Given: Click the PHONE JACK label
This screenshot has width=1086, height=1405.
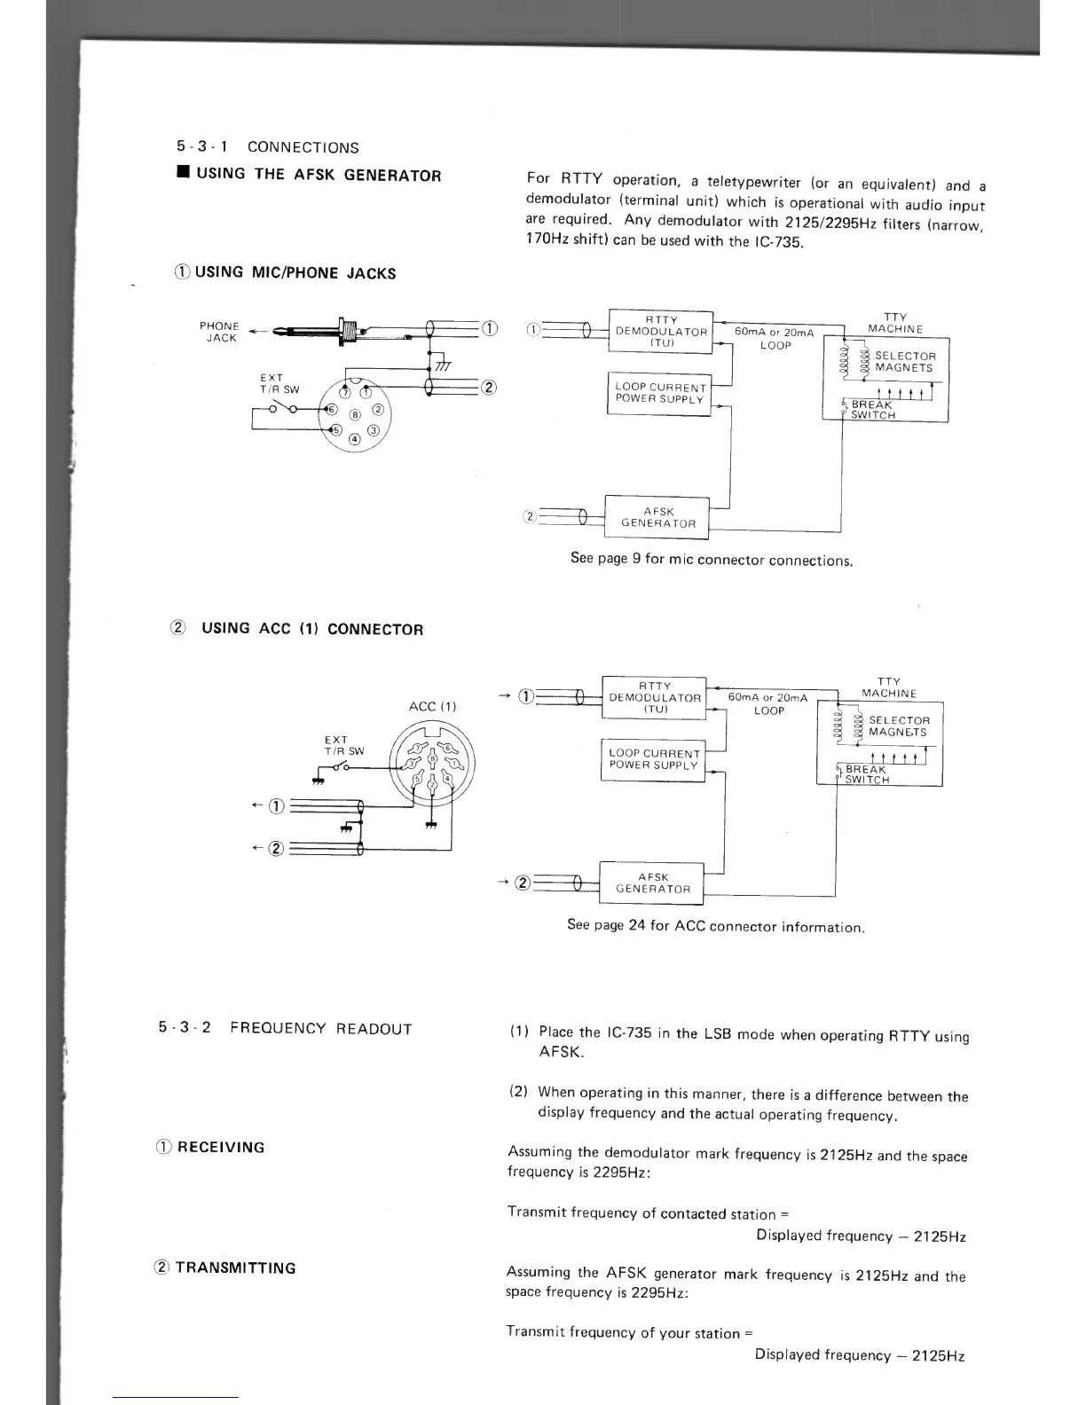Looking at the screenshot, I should (218, 332).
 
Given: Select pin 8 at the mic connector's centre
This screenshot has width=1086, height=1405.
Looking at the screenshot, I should (356, 413).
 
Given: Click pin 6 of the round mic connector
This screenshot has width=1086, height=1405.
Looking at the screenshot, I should (332, 410).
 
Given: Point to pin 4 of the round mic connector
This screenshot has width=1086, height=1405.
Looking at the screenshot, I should (354, 438).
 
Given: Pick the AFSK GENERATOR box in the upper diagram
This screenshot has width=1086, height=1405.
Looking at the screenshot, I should (658, 517).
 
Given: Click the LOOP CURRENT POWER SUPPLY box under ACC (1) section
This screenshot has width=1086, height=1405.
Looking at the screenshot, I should (654, 759).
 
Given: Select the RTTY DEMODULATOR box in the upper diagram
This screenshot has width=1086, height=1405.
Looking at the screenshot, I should (661, 332).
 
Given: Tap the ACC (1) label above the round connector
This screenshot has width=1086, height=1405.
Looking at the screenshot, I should (432, 706).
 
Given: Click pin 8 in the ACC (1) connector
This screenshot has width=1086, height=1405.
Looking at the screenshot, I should (432, 758).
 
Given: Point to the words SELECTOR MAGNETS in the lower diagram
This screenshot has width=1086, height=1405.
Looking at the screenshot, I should (898, 726).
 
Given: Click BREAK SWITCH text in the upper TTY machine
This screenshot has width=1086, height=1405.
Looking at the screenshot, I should (872, 410).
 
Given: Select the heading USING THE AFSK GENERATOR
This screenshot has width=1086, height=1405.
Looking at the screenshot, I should (319, 175).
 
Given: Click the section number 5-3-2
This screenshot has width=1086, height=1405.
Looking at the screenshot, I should (184, 1028).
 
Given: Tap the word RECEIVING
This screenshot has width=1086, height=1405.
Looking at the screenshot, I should (221, 1147).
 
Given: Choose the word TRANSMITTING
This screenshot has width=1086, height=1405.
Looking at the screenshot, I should (235, 1268).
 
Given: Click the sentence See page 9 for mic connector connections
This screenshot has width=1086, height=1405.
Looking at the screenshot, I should (712, 561).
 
